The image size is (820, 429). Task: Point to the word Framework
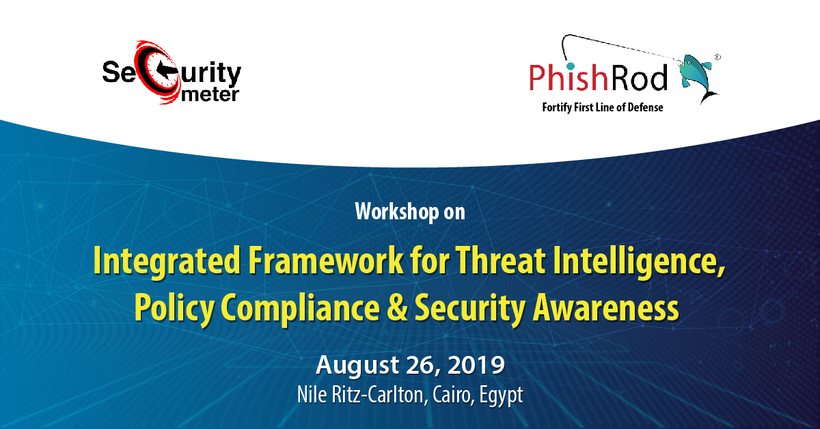pos(326,261)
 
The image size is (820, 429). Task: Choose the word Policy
pos(174,308)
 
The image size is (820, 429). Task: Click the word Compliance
pos(301,308)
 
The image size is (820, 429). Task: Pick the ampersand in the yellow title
pos(397,307)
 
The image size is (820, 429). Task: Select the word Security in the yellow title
pos(470,308)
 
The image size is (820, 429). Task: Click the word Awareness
pos(606,307)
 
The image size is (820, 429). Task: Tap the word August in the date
pos(357,365)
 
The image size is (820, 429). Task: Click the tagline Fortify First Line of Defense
pos(603,108)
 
